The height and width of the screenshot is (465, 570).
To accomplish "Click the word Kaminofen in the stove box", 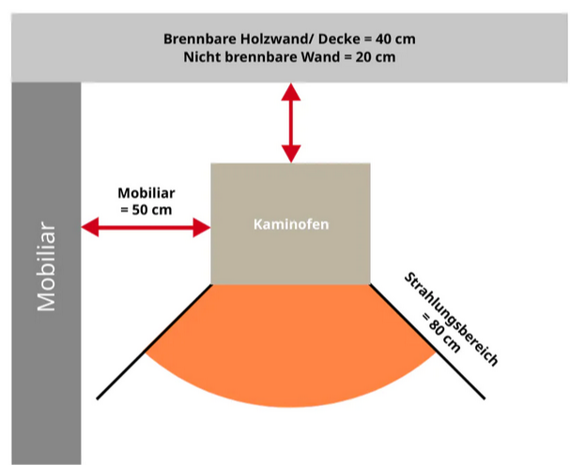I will coord(290,225).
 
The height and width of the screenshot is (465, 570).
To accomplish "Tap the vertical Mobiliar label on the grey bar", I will coord(46,267).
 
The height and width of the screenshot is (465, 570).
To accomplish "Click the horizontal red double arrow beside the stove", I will coord(146,226).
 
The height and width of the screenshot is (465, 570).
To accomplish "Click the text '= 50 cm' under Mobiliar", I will coord(146,209).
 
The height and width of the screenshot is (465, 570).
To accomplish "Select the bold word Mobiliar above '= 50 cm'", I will coord(146,193).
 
